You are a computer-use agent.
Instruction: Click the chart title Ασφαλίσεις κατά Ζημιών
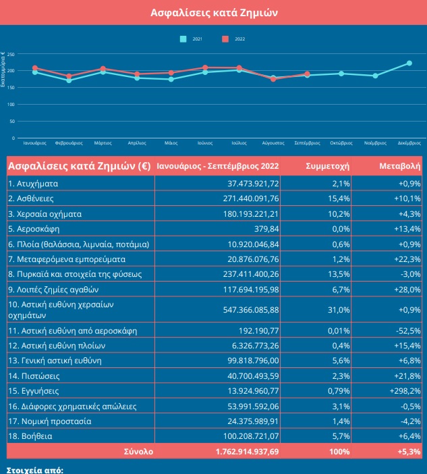(213, 12)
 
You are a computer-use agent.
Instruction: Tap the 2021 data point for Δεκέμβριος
(409, 63)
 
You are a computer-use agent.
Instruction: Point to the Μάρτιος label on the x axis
(103, 143)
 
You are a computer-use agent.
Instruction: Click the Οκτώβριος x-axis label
(341, 143)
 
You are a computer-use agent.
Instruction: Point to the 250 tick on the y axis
(11, 54)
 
